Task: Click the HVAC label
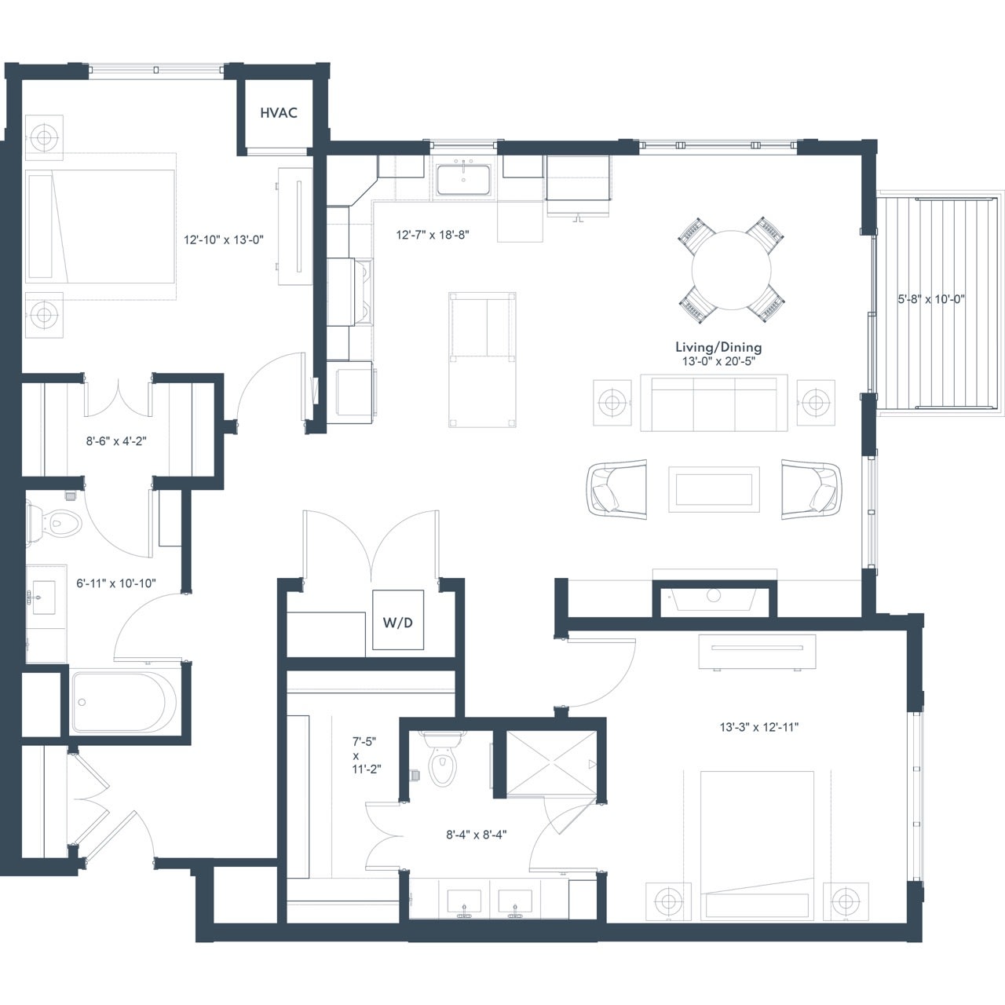pos(279,112)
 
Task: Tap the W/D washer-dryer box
pos(398,619)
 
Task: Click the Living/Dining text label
pos(718,347)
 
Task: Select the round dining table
pos(731,270)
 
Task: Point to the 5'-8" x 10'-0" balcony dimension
pos(931,299)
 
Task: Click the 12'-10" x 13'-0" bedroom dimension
pos(224,240)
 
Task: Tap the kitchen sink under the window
pos(463,180)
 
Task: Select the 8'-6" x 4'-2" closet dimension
pos(116,441)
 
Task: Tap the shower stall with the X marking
pos(551,765)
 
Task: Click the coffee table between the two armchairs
pos(714,489)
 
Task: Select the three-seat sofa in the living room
pos(714,403)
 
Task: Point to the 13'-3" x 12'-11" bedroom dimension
pos(759,727)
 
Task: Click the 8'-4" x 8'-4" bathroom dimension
pos(476,835)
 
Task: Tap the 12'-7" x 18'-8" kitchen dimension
pos(433,235)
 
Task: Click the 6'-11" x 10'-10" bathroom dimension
pos(116,583)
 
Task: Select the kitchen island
pos(482,360)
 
